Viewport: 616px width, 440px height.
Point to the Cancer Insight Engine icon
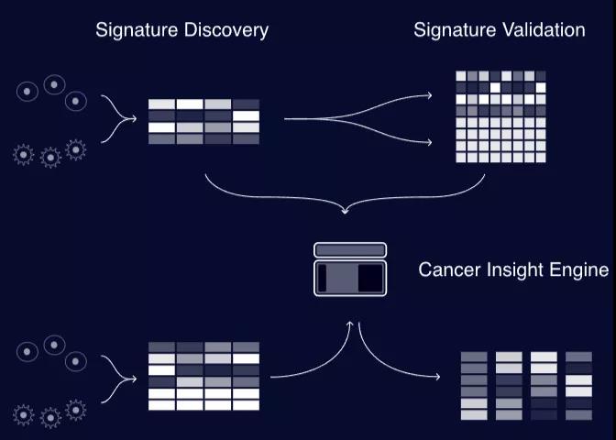350,269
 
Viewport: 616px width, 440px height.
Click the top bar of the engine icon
350,250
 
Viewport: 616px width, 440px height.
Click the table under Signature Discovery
203,122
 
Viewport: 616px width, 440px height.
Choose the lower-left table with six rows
203,376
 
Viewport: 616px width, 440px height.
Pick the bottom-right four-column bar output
527,385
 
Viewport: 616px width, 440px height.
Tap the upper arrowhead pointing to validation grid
430,95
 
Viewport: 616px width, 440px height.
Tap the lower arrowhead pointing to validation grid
430,143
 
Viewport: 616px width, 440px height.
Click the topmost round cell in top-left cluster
54,84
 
